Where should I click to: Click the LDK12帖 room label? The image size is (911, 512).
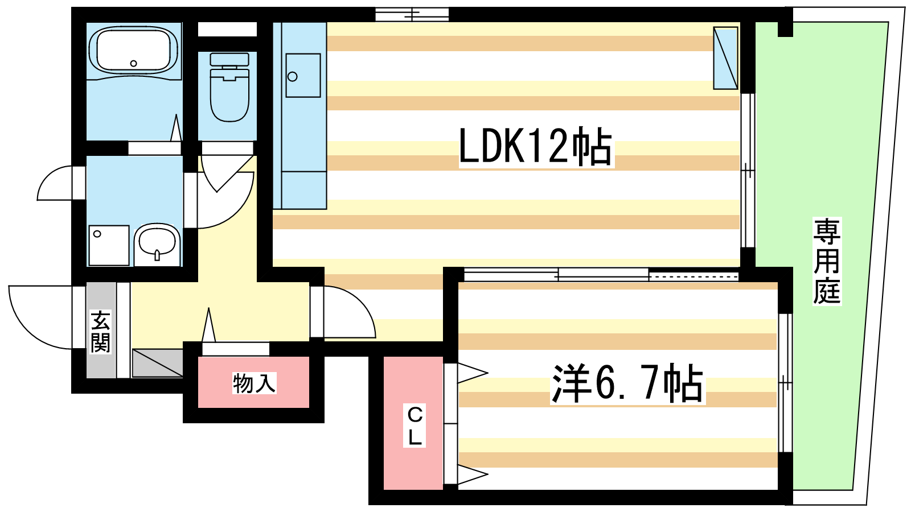coord(535,147)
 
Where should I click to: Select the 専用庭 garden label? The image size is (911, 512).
coord(827,262)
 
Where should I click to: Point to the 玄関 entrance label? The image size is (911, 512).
coord(101,332)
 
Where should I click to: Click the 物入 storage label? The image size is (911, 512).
coord(254,383)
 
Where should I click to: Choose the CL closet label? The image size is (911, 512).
coord(415,426)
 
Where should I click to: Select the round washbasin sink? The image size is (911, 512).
coord(158,242)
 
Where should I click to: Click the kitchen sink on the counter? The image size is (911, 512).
coord(303,76)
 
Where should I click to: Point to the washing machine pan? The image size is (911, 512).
coord(108,245)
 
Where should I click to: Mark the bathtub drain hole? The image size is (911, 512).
coord(134,64)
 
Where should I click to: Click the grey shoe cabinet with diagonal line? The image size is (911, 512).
coord(157,363)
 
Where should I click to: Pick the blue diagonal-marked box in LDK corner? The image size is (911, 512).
coord(725,58)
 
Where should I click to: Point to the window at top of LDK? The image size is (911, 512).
coord(412,14)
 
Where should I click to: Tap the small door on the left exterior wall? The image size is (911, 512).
coord(57,183)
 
